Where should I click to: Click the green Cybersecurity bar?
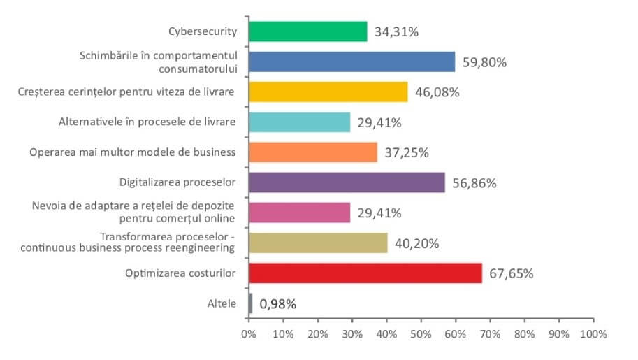click(x=307, y=31)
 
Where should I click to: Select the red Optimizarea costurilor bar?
click(x=365, y=273)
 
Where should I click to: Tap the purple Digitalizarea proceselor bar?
click(x=347, y=182)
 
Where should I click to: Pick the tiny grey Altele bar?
click(x=250, y=303)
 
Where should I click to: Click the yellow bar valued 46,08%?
click(x=328, y=92)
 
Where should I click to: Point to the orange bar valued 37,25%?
click(x=312, y=152)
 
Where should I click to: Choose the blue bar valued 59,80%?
click(x=351, y=62)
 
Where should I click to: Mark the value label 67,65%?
click(x=512, y=273)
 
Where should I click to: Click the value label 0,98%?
click(x=278, y=304)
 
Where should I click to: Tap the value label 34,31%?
click(x=396, y=31)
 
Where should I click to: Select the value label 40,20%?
click(x=416, y=243)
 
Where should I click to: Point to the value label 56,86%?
click(x=474, y=183)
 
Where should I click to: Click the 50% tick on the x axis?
click(x=421, y=334)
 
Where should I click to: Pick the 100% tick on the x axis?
click(x=593, y=334)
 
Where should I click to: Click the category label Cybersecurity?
click(x=203, y=31)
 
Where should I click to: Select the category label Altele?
click(x=222, y=304)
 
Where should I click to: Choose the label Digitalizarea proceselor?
click(x=177, y=182)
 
